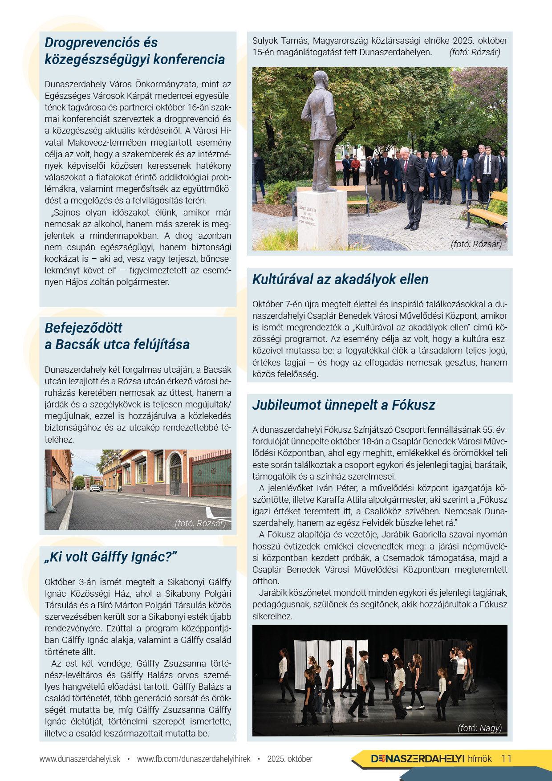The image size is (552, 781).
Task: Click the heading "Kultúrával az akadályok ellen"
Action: pos(340,280)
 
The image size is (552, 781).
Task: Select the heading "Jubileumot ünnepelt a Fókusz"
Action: pos(343,405)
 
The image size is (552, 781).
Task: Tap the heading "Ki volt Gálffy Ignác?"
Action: pos(111,557)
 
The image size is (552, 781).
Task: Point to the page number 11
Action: pos(506,759)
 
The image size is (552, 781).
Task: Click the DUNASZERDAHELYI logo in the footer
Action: pos(418,759)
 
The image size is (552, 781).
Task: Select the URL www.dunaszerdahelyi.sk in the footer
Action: pos(80,759)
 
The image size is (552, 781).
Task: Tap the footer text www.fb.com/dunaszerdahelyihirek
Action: pos(194,759)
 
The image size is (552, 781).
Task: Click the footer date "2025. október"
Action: pos(290,759)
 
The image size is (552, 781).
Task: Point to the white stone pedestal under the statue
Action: pos(322,218)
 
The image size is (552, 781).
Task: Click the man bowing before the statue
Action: pos(412,187)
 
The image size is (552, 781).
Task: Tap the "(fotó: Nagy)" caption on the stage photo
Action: pos(479,728)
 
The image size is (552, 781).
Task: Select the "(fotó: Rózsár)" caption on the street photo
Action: pos(200,523)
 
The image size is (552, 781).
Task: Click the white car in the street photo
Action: pos(95,488)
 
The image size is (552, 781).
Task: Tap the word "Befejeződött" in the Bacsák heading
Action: pos(83,328)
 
